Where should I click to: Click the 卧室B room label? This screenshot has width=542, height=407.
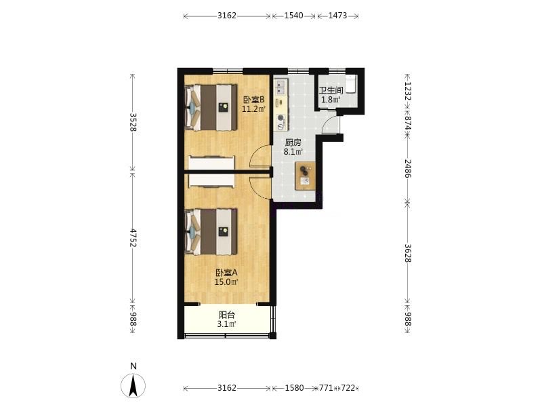pyautogui.click(x=253, y=100)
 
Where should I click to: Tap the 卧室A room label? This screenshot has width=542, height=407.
pyautogui.click(x=227, y=273)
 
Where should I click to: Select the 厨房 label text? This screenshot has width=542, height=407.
pyautogui.click(x=293, y=142)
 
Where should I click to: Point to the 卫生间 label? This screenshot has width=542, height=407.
pyautogui.click(x=331, y=91)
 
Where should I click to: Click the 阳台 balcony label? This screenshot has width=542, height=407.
pyautogui.click(x=227, y=315)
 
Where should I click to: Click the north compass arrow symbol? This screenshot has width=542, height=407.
pyautogui.click(x=133, y=385)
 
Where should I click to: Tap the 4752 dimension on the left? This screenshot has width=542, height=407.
pyautogui.click(x=133, y=238)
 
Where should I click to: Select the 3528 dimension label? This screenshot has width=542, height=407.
pyautogui.click(x=133, y=122)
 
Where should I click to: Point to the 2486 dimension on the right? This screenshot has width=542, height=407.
pyautogui.click(x=408, y=168)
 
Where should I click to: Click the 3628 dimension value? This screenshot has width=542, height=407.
pyautogui.click(x=408, y=253)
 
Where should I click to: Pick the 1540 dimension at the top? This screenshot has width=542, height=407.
pyautogui.click(x=293, y=16)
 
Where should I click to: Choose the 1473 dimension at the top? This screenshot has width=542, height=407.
pyautogui.click(x=337, y=16)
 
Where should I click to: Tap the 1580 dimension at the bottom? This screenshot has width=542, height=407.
pyautogui.click(x=294, y=388)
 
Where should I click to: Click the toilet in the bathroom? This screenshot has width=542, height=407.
pyautogui.click(x=350, y=84)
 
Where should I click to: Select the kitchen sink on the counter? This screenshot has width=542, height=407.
pyautogui.click(x=280, y=87)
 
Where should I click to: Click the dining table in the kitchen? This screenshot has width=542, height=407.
pyautogui.click(x=305, y=176)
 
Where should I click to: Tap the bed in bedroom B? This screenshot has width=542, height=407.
pyautogui.click(x=211, y=108)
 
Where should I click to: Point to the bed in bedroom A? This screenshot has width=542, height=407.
pyautogui.click(x=211, y=231)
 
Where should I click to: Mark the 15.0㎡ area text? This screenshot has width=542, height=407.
pyautogui.click(x=226, y=282)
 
